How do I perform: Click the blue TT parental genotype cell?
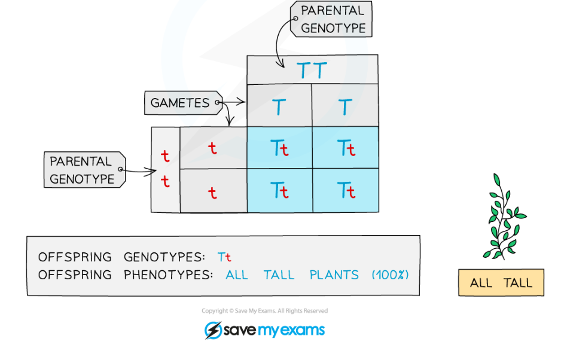click(312, 70)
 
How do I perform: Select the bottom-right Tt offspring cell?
click(346, 191)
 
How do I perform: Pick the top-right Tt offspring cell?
click(346, 148)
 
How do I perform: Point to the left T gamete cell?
click(279, 106)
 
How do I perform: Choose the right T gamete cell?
click(345, 106)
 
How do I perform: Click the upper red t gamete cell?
click(213, 148)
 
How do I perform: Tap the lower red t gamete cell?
click(213, 191)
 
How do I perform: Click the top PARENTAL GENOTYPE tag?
click(331, 19)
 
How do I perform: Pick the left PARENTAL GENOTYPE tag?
click(83, 170)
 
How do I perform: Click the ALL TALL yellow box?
click(501, 283)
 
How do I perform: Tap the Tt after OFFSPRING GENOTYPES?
click(224, 258)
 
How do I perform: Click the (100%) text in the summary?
click(390, 275)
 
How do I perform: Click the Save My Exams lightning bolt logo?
click(213, 330)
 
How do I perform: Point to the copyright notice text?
click(264, 311)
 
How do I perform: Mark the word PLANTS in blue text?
click(334, 275)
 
